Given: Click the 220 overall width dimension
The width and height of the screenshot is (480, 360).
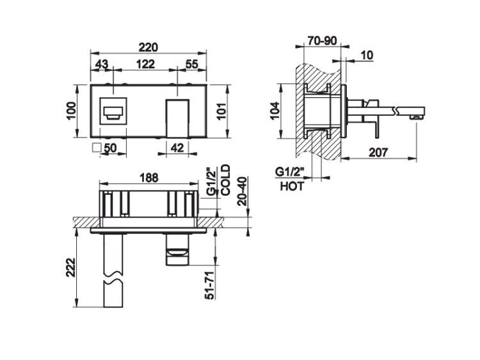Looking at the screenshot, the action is (x=148, y=47).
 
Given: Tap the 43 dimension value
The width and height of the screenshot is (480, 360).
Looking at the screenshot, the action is (x=102, y=64).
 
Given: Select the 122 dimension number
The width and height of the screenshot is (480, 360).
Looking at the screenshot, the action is (x=145, y=64).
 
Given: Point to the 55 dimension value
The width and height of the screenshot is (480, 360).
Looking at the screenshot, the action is (x=192, y=64).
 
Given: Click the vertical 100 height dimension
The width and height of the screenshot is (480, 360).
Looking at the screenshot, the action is (x=70, y=111).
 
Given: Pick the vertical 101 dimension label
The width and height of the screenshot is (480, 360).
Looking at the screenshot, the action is (x=221, y=111).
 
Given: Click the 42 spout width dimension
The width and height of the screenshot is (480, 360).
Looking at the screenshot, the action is (x=177, y=148).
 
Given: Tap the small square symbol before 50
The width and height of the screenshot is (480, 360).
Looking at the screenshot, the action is (x=97, y=148).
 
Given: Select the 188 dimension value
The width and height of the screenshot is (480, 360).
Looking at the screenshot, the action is (x=149, y=178).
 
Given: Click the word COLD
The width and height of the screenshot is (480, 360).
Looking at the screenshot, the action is (x=225, y=180).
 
